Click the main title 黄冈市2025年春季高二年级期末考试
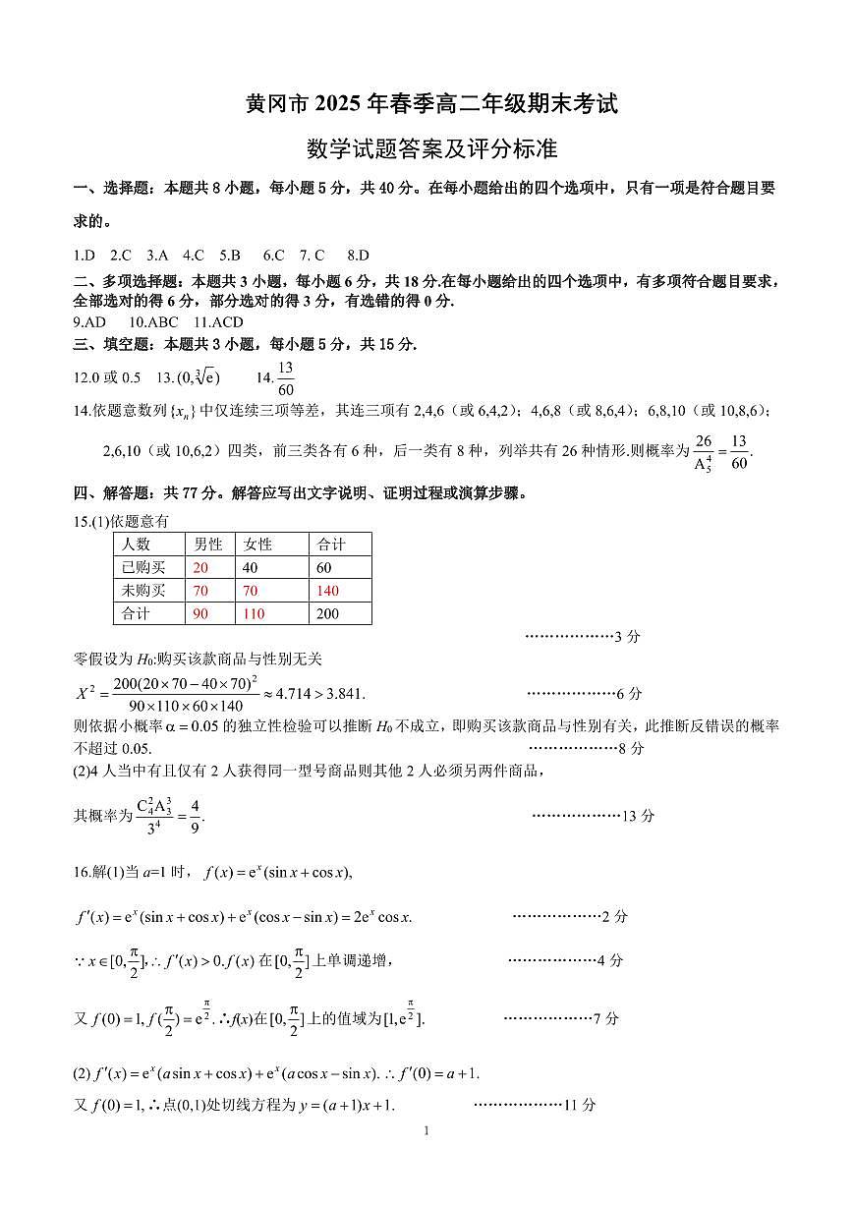[x=431, y=104]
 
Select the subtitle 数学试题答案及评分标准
[x=431, y=149]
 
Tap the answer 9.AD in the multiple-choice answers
[x=89, y=321]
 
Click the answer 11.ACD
[x=218, y=321]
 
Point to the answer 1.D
[x=85, y=255]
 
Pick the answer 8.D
[x=358, y=255]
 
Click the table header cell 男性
[x=208, y=545]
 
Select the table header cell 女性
[x=257, y=545]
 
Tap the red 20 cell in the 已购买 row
[x=200, y=567]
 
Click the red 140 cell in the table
[x=327, y=591]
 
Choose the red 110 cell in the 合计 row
[x=253, y=614]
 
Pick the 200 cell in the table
[x=327, y=614]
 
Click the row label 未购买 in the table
[x=143, y=591]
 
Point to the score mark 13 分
[x=639, y=816]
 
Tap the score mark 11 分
[x=580, y=1105]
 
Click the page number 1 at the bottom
[x=426, y=1130]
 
